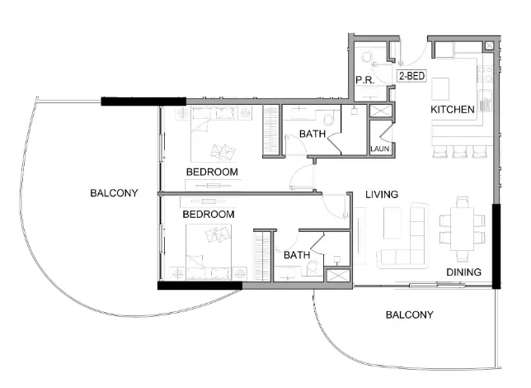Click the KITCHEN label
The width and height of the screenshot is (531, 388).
pos(453,109)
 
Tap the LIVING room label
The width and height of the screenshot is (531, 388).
pos(382,194)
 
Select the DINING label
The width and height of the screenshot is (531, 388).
pos(463,272)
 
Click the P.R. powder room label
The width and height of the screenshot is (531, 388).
pos(365,79)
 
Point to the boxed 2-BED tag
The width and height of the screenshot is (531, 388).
pos(411,76)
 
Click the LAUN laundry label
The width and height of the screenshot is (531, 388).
pos(379,149)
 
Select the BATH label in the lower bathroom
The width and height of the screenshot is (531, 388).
pos(296,255)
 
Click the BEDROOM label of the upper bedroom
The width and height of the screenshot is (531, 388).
pos(212,172)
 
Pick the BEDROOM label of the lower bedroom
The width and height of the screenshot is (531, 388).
pos(208,214)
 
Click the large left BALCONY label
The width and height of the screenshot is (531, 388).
pos(114,192)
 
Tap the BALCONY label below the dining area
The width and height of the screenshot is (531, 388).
pos(409,315)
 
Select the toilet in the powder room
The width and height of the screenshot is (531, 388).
pos(368,58)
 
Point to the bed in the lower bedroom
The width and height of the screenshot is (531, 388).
pos(211,249)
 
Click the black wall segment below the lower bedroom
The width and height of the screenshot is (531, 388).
pos(199,286)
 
